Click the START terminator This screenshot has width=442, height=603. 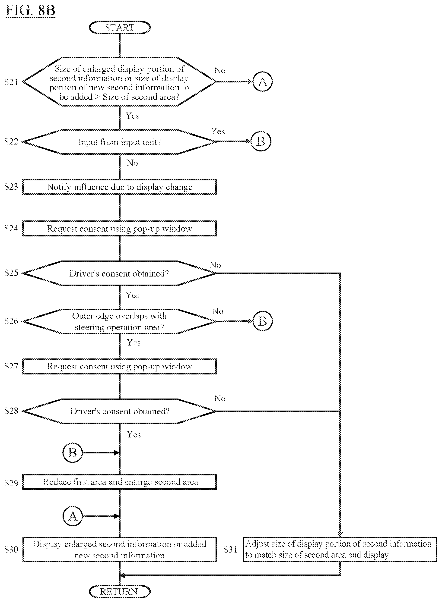pyautogui.click(x=120, y=27)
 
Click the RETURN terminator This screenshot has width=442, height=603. pyautogui.click(x=120, y=591)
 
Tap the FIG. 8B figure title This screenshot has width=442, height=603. pyautogui.click(x=31, y=11)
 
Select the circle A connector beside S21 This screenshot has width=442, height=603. pyautogui.click(x=262, y=82)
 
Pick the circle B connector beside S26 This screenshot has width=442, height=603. pyautogui.click(x=262, y=321)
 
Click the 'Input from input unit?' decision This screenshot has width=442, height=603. pyautogui.click(x=120, y=142)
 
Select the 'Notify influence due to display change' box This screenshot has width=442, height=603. pyautogui.click(x=120, y=187)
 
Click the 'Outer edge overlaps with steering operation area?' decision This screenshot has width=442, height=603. pyautogui.click(x=120, y=321)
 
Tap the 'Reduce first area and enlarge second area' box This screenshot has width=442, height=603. pyautogui.click(x=120, y=482)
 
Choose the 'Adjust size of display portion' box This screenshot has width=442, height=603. pyautogui.click(x=340, y=550)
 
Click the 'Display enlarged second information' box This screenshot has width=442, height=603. pyautogui.click(x=120, y=550)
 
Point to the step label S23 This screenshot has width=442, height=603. pyautogui.click(x=11, y=187)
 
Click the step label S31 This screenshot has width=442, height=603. pyautogui.click(x=230, y=550)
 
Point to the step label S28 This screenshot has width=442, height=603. pyautogui.click(x=11, y=411)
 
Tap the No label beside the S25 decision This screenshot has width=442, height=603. pyautogui.click(x=215, y=265)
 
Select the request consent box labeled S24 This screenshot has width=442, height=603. pyautogui.click(x=120, y=228)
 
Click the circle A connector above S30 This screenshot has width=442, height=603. pyautogui.click(x=73, y=516)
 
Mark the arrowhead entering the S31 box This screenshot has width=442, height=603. pyautogui.click(x=340, y=535)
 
